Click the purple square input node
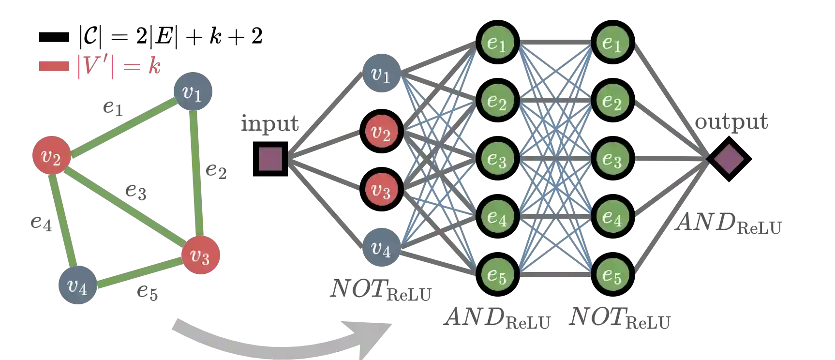click(270, 159)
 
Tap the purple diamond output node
click(728, 159)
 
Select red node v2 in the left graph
click(51, 156)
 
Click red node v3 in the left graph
click(200, 255)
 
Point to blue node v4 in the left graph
click(77, 285)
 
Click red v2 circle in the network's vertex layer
click(381, 132)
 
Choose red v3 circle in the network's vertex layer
click(381, 190)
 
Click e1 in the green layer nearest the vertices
click(497, 43)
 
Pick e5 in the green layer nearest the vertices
click(497, 275)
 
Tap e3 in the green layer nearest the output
click(612, 159)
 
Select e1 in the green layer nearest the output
click(612, 43)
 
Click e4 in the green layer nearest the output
click(612, 217)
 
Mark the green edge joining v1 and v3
click(195, 174)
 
